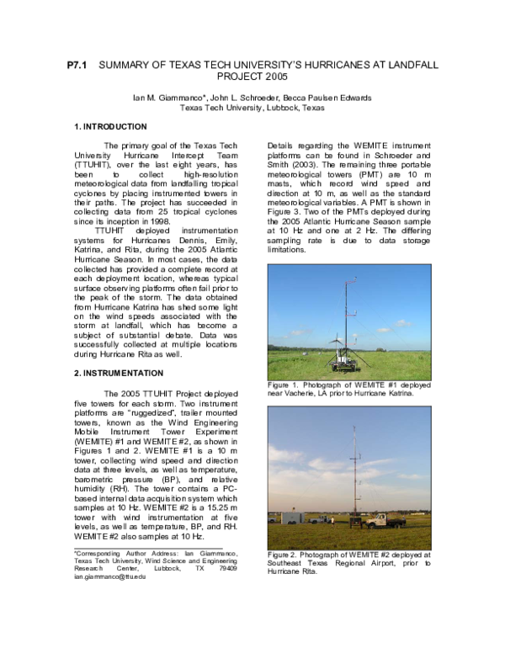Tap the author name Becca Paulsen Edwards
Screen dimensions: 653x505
coord(332,98)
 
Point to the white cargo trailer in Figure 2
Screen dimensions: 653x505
coord(292,517)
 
